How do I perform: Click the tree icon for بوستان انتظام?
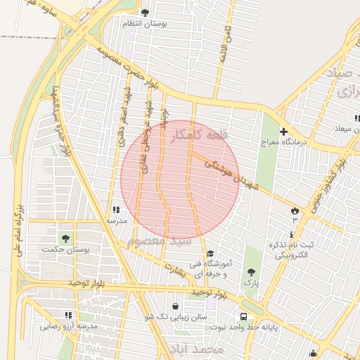pos(146,13)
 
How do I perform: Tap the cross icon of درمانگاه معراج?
pos(283,131)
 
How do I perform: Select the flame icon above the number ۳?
pos(295,210)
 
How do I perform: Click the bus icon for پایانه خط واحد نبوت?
pos(243,317)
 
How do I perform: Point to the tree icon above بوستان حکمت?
pos(66,239)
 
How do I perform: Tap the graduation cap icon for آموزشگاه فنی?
pos(210,254)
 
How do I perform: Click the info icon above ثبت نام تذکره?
pos(292,234)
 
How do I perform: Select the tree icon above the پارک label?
pos(251,271)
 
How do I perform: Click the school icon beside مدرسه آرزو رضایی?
pos(68,316)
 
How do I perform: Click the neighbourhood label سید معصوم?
pos(160,242)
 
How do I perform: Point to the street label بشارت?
pos(173,269)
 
